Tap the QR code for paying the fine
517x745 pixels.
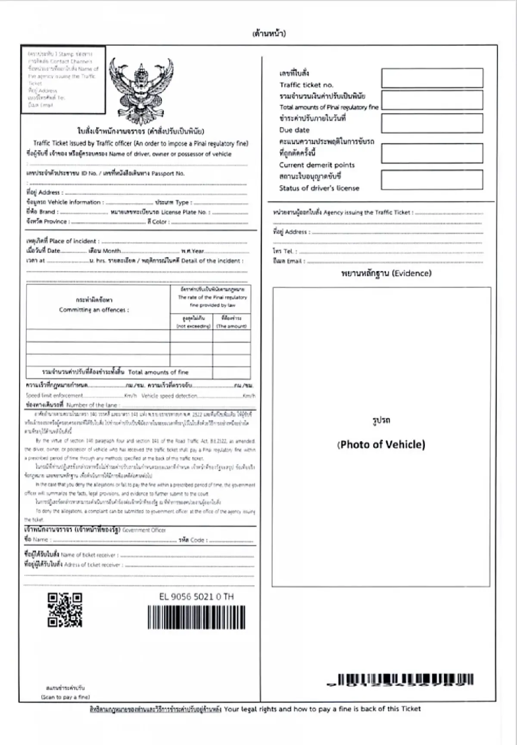[65, 610]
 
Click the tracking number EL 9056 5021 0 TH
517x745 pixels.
[196, 597]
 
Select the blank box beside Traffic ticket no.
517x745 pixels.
[432, 78]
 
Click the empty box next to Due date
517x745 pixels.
[432, 124]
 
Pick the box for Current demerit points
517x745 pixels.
[432, 153]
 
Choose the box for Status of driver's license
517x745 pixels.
[432, 180]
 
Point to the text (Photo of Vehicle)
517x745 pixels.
[381, 444]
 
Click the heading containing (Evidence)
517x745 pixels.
[386, 273]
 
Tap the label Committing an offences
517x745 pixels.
[94, 310]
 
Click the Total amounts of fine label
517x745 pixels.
[158, 372]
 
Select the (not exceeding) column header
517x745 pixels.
[193, 326]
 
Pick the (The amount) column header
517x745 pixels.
[231, 326]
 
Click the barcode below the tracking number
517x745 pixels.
[196, 617]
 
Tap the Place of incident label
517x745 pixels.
[74, 241]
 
